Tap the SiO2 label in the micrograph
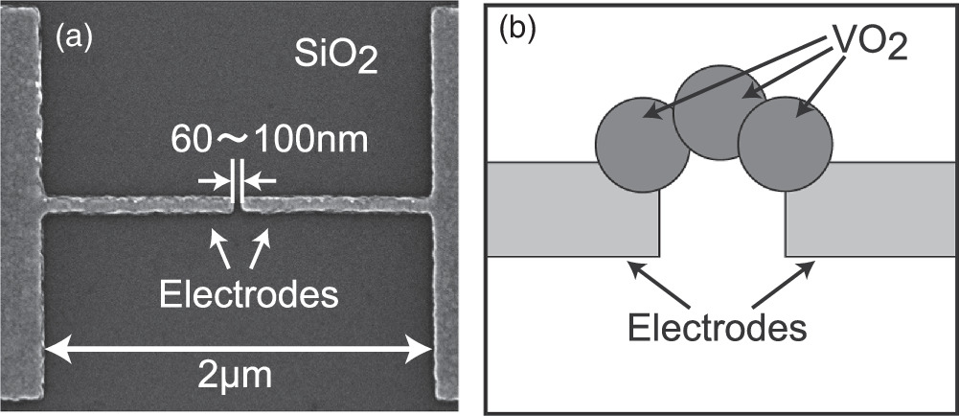coord(334,61)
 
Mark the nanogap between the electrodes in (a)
coord(239,203)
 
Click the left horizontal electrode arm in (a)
coord(134,204)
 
